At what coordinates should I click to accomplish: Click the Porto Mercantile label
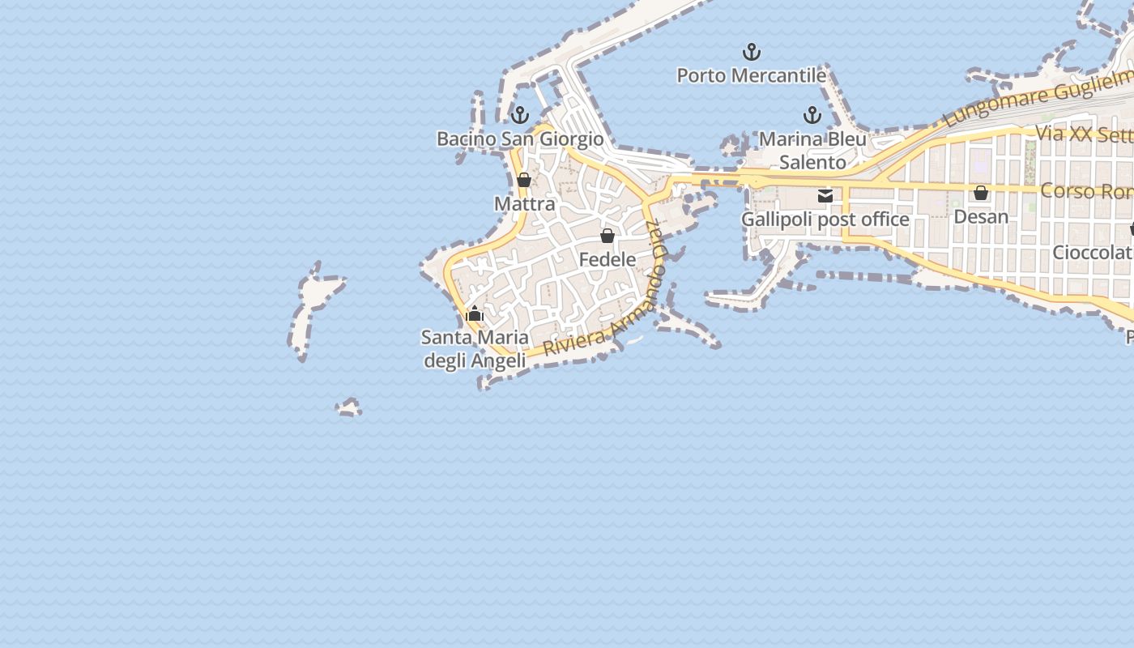[751, 75]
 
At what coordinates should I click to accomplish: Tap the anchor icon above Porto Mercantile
[752, 53]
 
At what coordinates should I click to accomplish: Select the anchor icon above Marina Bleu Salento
[812, 115]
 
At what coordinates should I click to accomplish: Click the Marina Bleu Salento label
[812, 151]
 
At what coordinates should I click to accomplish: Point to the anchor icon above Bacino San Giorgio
[520, 115]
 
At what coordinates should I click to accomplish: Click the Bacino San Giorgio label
[520, 139]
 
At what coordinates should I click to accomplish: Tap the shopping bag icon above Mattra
[524, 180]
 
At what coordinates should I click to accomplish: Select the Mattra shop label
[525, 203]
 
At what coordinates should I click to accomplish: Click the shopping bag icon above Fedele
[607, 236]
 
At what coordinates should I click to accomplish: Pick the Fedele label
[607, 259]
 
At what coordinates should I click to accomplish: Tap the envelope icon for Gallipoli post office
[825, 195]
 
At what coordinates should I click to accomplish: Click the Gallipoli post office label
[825, 220]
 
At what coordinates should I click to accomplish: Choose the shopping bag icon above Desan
[981, 193]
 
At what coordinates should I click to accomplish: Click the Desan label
[981, 216]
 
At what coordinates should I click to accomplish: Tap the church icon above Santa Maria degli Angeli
[475, 313]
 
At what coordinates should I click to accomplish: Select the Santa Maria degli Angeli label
[475, 348]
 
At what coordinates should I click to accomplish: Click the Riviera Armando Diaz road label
[616, 312]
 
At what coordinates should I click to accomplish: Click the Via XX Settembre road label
[1084, 134]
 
